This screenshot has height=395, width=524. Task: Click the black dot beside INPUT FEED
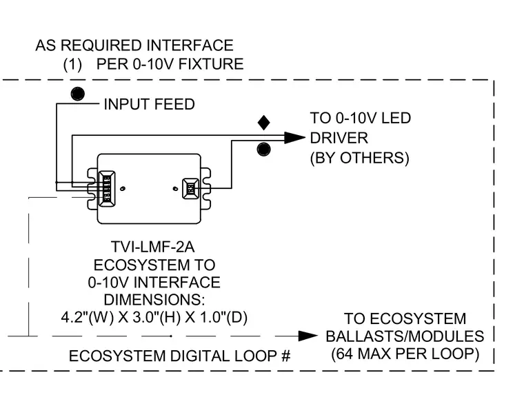77,94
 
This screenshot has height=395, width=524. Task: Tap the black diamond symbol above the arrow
263,123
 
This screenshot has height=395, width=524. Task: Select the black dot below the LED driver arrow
263,149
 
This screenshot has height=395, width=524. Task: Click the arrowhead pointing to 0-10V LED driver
294,137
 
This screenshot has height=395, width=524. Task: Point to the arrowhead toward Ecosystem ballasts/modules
308,336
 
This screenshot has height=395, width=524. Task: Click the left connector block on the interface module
107,188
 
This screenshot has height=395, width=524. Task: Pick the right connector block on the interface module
190,189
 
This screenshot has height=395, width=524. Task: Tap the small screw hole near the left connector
123,189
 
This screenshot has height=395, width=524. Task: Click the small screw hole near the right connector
175,189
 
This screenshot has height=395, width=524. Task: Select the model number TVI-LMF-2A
153,247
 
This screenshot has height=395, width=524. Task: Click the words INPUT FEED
150,104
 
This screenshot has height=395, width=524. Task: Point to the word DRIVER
339,138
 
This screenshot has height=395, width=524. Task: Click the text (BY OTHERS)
360,158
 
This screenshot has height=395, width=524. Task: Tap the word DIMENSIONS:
154,300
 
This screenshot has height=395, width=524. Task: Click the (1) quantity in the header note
72,64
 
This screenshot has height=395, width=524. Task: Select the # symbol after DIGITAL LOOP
285,356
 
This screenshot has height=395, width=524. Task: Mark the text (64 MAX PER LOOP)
405,354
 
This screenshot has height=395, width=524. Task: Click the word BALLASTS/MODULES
405,336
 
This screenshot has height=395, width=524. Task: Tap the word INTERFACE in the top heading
190,45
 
